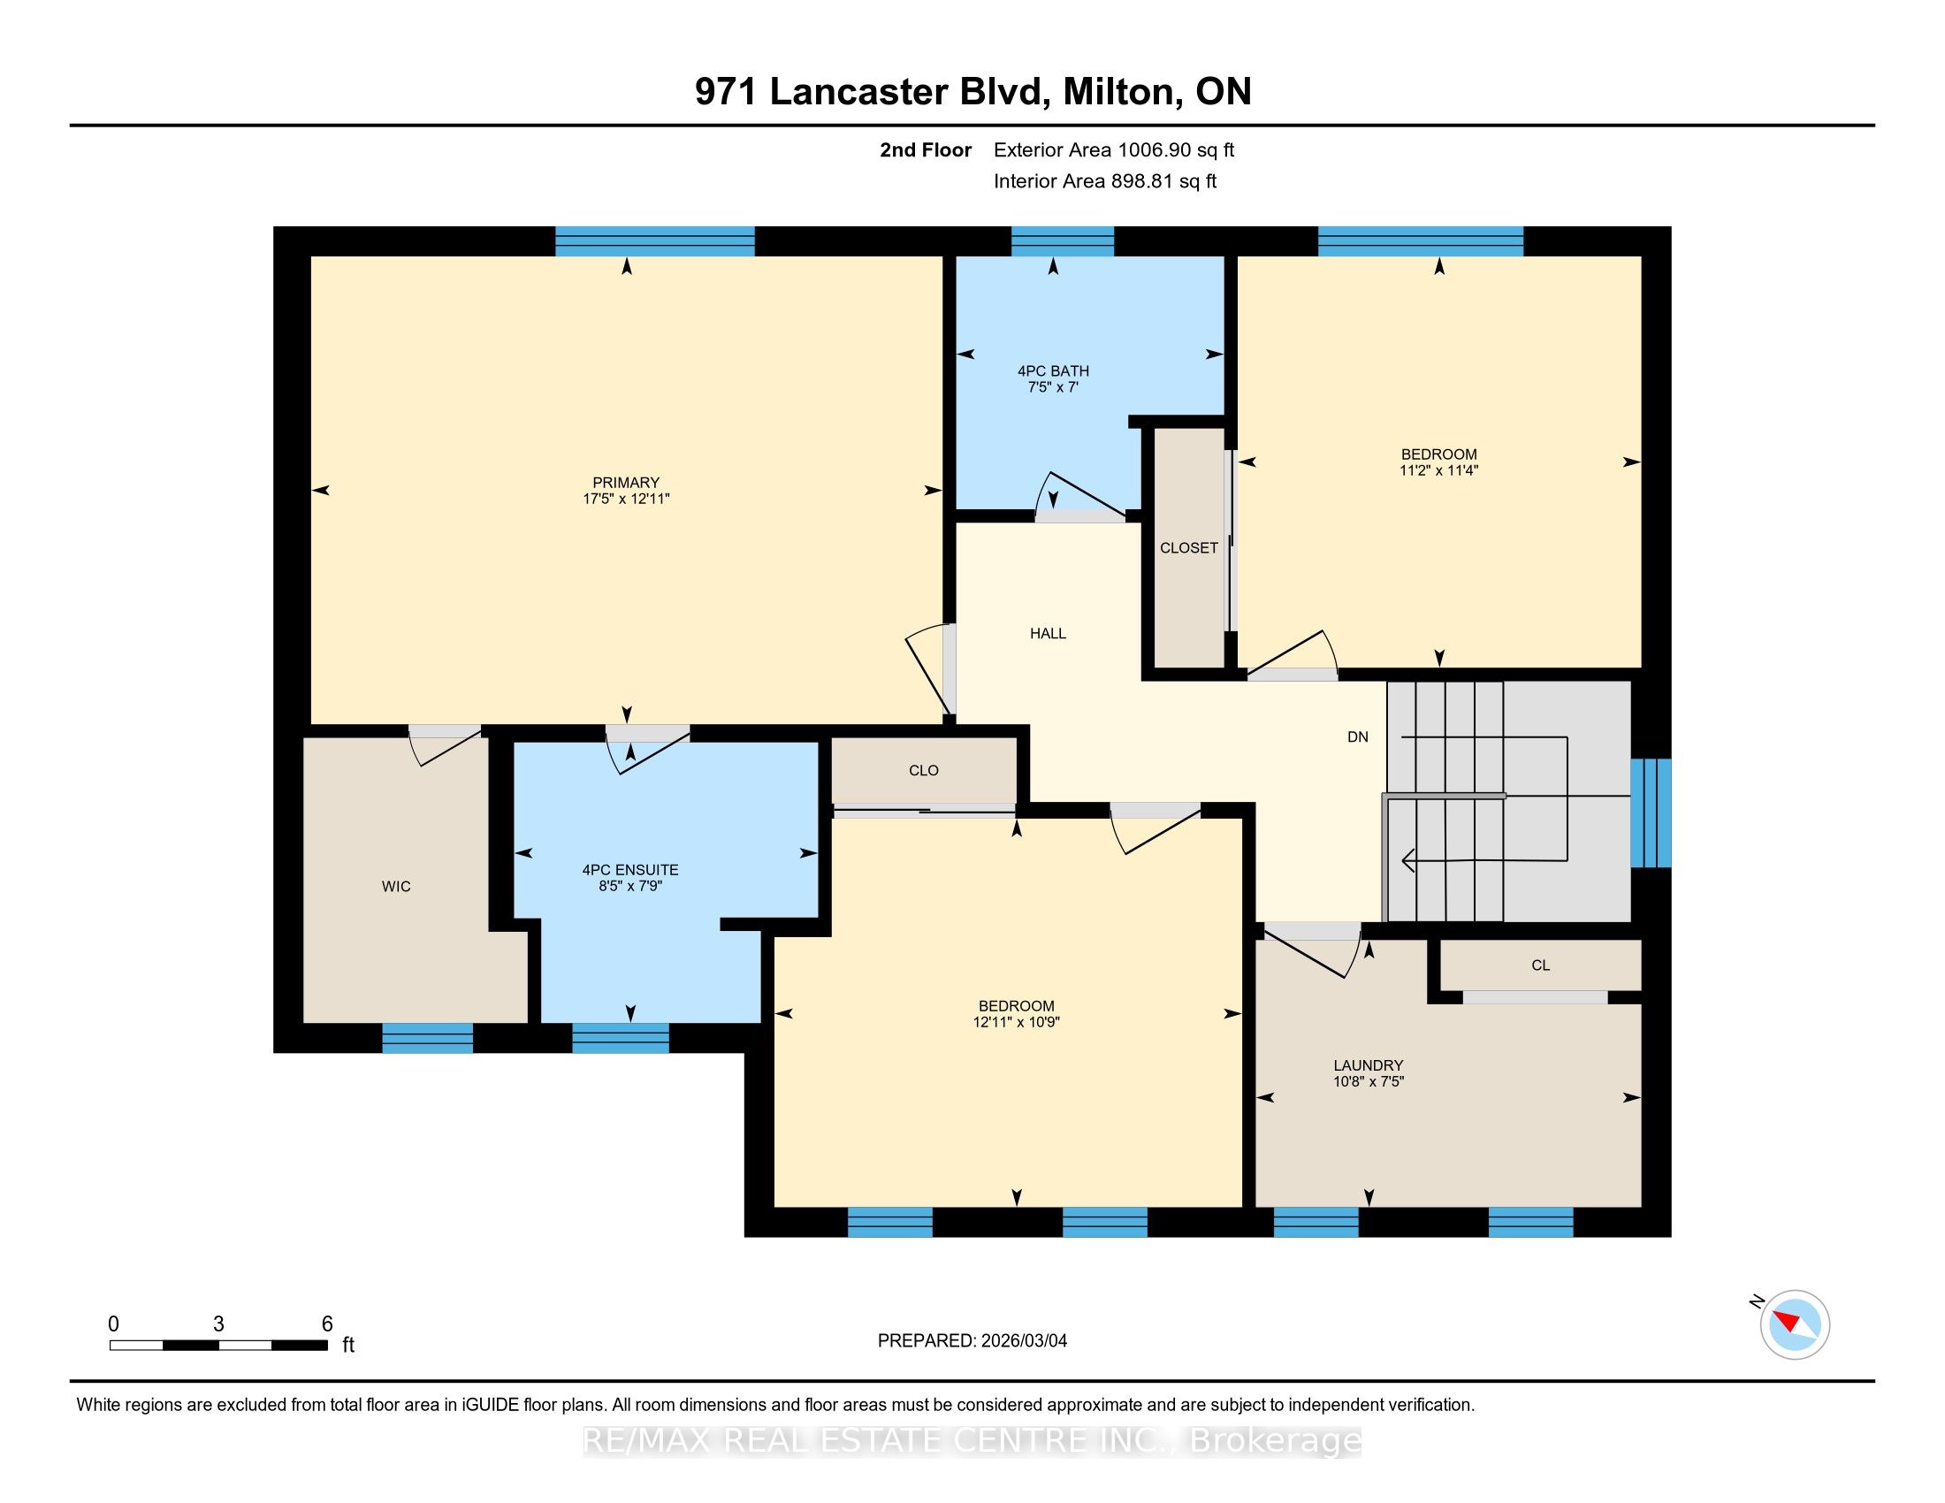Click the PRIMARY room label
626,483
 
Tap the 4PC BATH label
1054,370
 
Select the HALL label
1049,633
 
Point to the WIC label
396,886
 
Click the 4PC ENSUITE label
630,870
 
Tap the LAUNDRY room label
1369,1065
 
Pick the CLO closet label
924,770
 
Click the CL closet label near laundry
1541,965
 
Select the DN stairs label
1358,737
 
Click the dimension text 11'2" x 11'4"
1439,470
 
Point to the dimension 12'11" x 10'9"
1016,1022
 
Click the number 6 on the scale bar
328,1324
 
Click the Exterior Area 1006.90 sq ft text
1114,150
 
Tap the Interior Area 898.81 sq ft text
1105,181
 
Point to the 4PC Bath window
1063,241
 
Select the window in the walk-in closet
428,1038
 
